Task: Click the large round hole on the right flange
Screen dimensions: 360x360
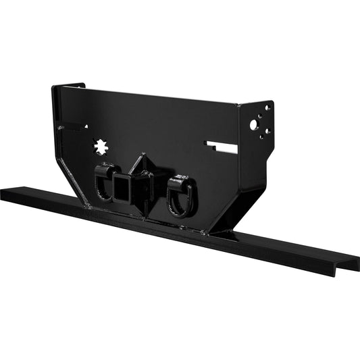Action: coord(253,125)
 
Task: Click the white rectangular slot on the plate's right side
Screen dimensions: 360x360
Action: coord(222,146)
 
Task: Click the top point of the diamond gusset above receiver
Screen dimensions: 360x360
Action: coord(140,157)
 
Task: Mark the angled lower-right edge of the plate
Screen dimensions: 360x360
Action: coord(230,213)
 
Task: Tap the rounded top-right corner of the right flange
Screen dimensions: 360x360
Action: coord(271,103)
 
